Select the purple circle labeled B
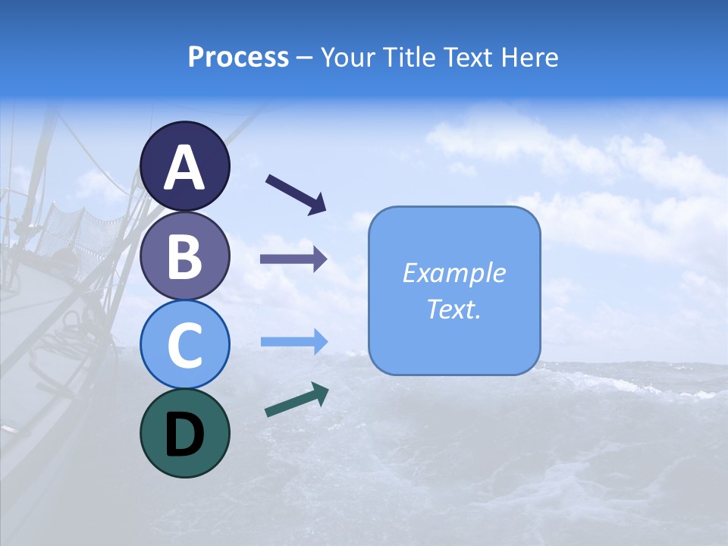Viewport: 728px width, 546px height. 185,256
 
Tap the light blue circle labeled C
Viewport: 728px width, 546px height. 185,344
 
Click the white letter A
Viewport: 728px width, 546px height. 185,168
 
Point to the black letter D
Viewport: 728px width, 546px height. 185,435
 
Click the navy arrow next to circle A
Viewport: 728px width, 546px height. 296,193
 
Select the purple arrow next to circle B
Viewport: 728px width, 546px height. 293,259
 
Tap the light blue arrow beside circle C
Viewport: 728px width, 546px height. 293,341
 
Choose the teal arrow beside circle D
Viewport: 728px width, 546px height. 297,400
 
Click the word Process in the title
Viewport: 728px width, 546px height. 238,57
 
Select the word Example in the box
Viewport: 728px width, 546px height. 453,273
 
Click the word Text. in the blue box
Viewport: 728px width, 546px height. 453,309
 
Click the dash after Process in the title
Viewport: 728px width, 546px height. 304,58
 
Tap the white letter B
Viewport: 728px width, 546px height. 185,256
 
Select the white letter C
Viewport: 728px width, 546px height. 185,345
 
